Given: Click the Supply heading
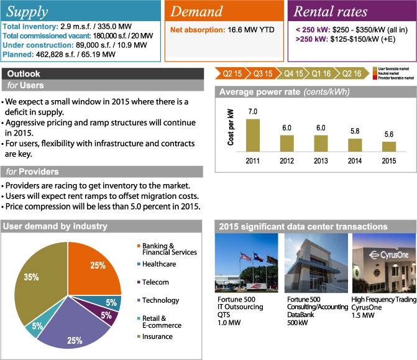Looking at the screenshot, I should [27, 11].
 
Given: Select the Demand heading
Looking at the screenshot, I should [196, 12].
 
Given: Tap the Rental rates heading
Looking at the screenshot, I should [330, 12].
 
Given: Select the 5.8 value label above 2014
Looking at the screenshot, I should [354, 132].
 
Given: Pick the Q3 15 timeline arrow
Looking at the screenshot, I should [263, 74].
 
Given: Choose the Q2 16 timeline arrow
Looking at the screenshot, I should [352, 74].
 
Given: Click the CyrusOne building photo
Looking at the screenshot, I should [381, 264].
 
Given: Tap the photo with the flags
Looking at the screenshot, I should [246, 264].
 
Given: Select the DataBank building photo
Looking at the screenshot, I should [314, 264].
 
